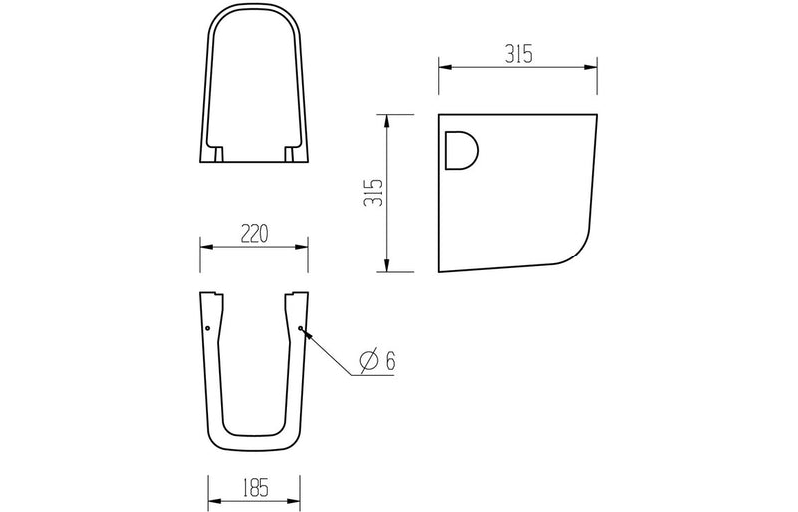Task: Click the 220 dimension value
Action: [253, 234]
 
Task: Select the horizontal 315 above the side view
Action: [517, 56]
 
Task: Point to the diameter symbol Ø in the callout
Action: [366, 361]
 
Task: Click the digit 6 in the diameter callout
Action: [389, 361]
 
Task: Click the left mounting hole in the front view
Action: [206, 327]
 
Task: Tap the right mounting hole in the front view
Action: [301, 327]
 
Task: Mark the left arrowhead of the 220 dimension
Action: [205, 247]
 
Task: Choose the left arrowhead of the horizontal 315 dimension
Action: [444, 69]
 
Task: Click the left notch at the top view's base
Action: [218, 155]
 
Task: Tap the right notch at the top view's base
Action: [290, 155]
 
